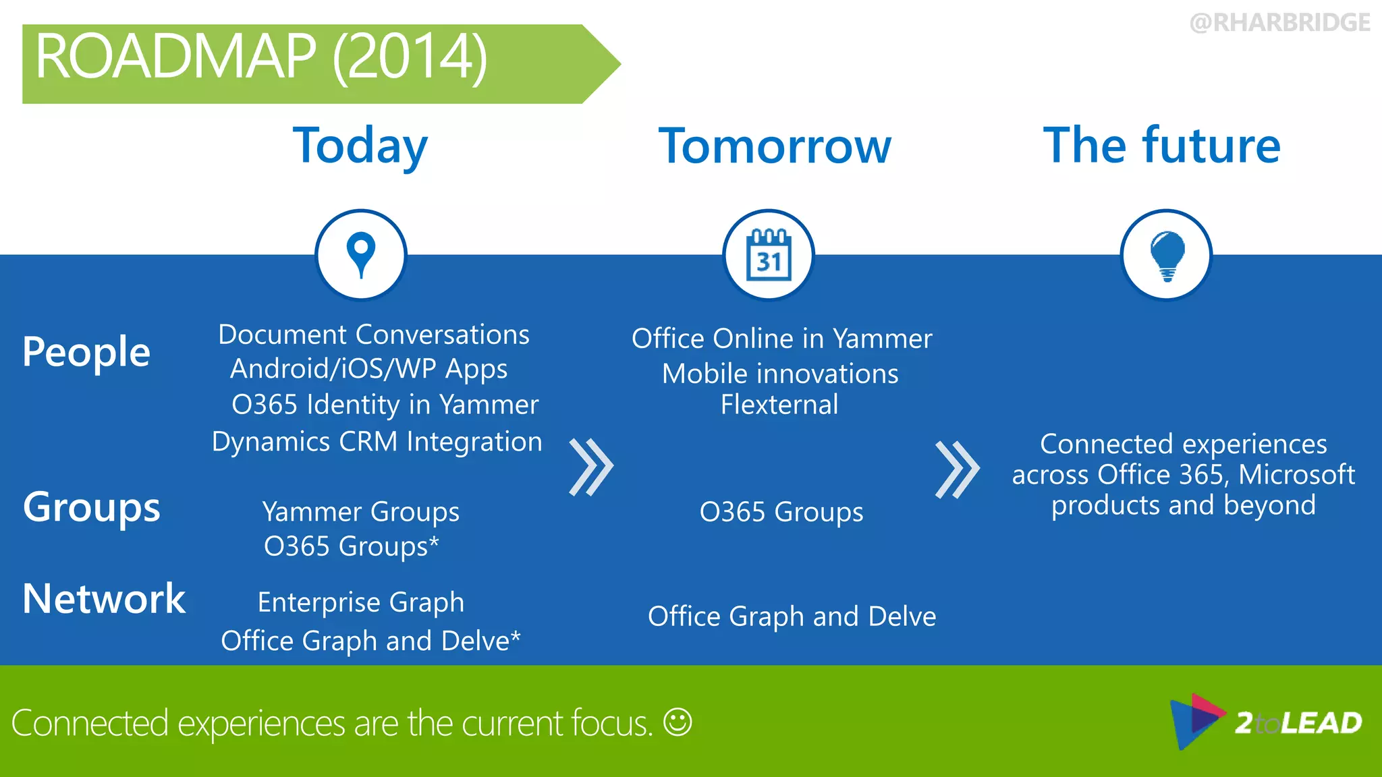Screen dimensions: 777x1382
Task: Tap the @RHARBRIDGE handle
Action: (x=1279, y=23)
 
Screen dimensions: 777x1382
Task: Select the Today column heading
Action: (x=360, y=146)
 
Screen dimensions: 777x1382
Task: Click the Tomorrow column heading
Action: (x=775, y=146)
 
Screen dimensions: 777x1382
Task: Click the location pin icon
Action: (x=361, y=255)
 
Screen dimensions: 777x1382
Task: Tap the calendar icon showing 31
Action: (x=769, y=255)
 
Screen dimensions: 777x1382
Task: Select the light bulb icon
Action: (x=1167, y=255)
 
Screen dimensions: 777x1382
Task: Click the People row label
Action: (x=86, y=352)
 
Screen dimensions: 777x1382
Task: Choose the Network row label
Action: (x=104, y=598)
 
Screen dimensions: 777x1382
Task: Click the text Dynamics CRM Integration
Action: (x=377, y=442)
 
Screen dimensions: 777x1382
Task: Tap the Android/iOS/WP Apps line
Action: (x=368, y=369)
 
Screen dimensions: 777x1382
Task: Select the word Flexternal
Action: (x=779, y=405)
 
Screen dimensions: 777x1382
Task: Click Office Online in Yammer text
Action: (x=781, y=339)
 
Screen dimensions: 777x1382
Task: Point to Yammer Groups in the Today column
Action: (x=361, y=512)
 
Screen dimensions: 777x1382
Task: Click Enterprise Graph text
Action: (x=361, y=602)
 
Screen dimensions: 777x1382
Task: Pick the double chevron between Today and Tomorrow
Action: (x=591, y=467)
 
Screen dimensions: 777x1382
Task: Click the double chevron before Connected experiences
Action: (x=957, y=470)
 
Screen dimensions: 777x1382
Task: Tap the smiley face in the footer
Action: (x=678, y=722)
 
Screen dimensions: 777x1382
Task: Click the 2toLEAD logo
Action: (x=1266, y=722)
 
